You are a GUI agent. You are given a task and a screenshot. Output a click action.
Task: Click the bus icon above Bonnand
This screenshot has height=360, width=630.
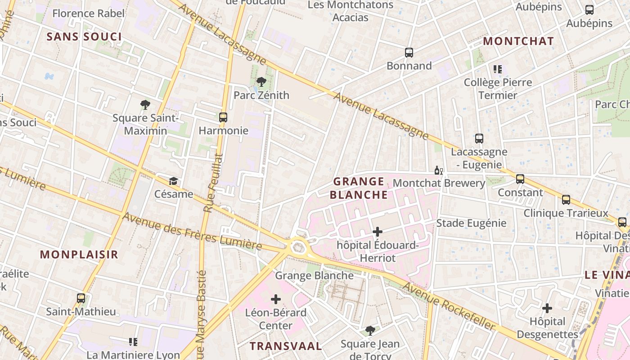click(x=409, y=53)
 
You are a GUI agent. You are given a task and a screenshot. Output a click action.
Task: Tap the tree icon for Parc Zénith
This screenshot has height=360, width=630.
click(x=261, y=82)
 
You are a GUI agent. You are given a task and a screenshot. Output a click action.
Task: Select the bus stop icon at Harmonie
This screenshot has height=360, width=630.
click(x=223, y=117)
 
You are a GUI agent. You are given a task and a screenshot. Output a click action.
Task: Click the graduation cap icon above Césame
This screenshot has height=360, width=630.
click(x=173, y=181)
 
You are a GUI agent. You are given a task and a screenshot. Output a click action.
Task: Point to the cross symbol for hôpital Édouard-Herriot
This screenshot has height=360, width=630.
click(x=378, y=232)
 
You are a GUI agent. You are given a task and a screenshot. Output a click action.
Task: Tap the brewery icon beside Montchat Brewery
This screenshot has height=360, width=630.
click(x=438, y=170)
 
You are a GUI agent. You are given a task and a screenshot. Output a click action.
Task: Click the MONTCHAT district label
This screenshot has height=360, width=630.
click(x=518, y=41)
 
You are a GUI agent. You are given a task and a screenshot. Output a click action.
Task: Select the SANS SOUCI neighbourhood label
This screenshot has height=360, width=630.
click(x=84, y=36)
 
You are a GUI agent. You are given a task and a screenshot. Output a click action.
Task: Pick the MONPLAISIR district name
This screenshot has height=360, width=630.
click(x=79, y=254)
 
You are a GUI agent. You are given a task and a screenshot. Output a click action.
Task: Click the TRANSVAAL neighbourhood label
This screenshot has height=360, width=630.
click(x=286, y=346)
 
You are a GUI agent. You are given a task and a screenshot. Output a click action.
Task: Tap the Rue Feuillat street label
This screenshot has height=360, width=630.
click(x=213, y=183)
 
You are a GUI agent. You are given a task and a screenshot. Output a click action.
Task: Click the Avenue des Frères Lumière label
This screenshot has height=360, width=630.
click(x=192, y=231)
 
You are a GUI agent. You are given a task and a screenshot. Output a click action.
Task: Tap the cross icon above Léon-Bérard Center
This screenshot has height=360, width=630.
click(x=276, y=299)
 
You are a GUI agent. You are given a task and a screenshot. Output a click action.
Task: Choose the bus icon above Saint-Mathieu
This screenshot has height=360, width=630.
click(x=81, y=298)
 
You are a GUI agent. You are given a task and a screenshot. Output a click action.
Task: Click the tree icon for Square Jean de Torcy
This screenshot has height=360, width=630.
click(x=370, y=331)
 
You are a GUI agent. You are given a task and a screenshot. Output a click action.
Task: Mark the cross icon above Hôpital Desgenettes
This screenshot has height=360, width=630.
click(x=547, y=308)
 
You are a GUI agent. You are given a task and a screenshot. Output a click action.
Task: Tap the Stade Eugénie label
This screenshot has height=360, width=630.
click(x=471, y=223)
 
